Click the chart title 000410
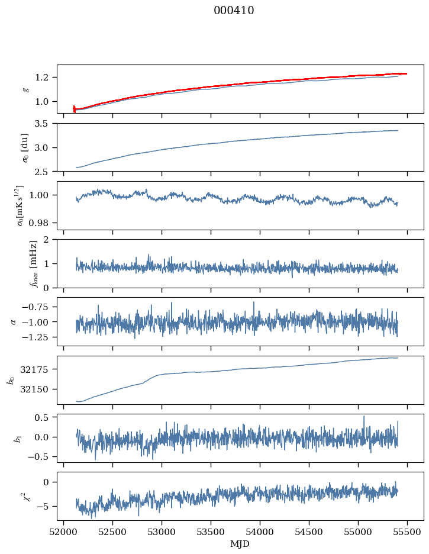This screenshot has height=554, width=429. (234, 11)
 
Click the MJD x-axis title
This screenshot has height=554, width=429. (240, 544)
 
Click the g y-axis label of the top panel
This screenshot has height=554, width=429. (25, 89)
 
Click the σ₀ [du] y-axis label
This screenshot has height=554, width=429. (25, 147)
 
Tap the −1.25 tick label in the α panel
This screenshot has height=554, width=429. (38, 337)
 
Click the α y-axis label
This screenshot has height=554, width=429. (13, 321)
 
